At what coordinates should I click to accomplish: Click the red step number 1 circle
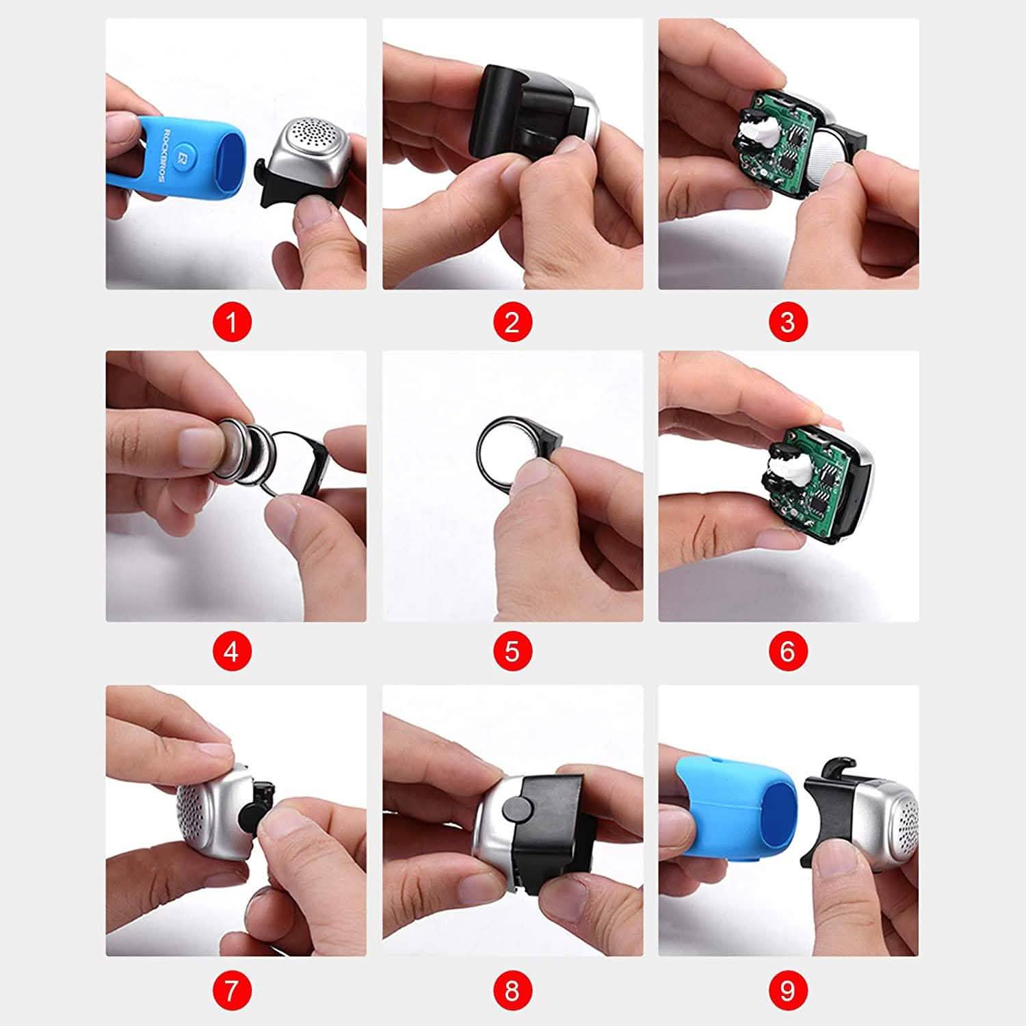click(x=231, y=321)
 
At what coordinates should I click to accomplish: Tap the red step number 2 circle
click(x=512, y=321)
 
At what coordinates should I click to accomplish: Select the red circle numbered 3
click(x=788, y=321)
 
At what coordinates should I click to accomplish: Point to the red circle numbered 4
click(x=231, y=651)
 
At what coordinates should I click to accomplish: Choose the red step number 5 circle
click(x=512, y=651)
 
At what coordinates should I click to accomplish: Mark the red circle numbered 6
click(x=788, y=651)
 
